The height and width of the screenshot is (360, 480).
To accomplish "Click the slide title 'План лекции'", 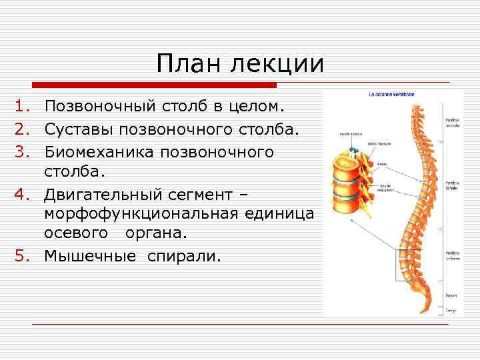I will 240,65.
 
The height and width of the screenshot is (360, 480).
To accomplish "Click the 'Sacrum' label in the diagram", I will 451,295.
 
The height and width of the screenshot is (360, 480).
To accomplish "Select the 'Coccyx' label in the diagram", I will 451,310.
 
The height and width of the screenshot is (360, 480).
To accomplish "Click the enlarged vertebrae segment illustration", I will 347,174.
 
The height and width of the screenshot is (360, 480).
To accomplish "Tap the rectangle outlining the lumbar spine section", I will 412,265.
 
